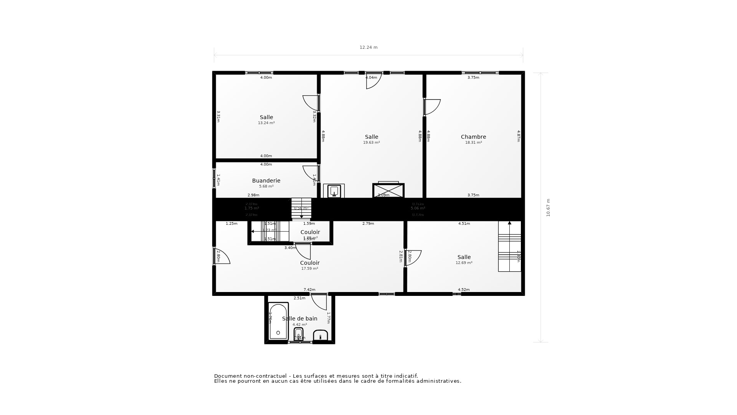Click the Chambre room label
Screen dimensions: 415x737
point(473,137)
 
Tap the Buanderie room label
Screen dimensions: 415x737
point(266,181)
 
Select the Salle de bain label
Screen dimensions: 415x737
point(299,319)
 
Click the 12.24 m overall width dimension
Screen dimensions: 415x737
point(368,48)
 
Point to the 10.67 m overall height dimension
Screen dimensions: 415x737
point(548,207)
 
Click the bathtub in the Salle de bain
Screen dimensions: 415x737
point(278,322)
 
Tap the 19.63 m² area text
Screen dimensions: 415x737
point(371,143)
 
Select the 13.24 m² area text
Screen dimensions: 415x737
point(266,123)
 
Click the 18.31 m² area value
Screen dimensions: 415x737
point(473,143)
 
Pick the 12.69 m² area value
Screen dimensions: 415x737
point(464,263)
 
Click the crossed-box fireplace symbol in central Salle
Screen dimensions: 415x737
point(388,191)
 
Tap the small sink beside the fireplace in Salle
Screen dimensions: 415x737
point(334,191)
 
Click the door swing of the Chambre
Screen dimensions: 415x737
point(432,106)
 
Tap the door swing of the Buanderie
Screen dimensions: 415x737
point(310,173)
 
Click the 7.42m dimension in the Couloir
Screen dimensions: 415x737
point(309,290)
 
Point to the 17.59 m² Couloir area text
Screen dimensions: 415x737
point(309,269)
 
